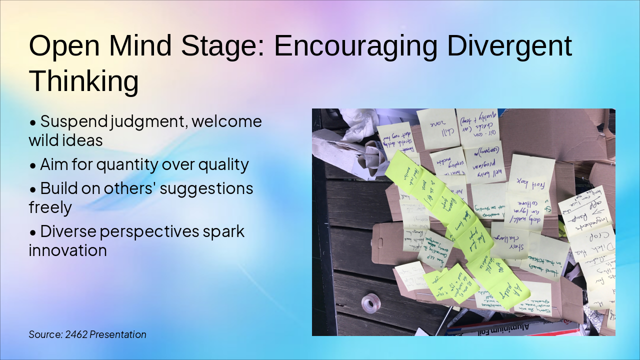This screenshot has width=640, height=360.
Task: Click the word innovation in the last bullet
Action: pyautogui.click(x=67, y=250)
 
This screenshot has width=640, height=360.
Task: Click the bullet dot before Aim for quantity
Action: pyautogui.click(x=33, y=165)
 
